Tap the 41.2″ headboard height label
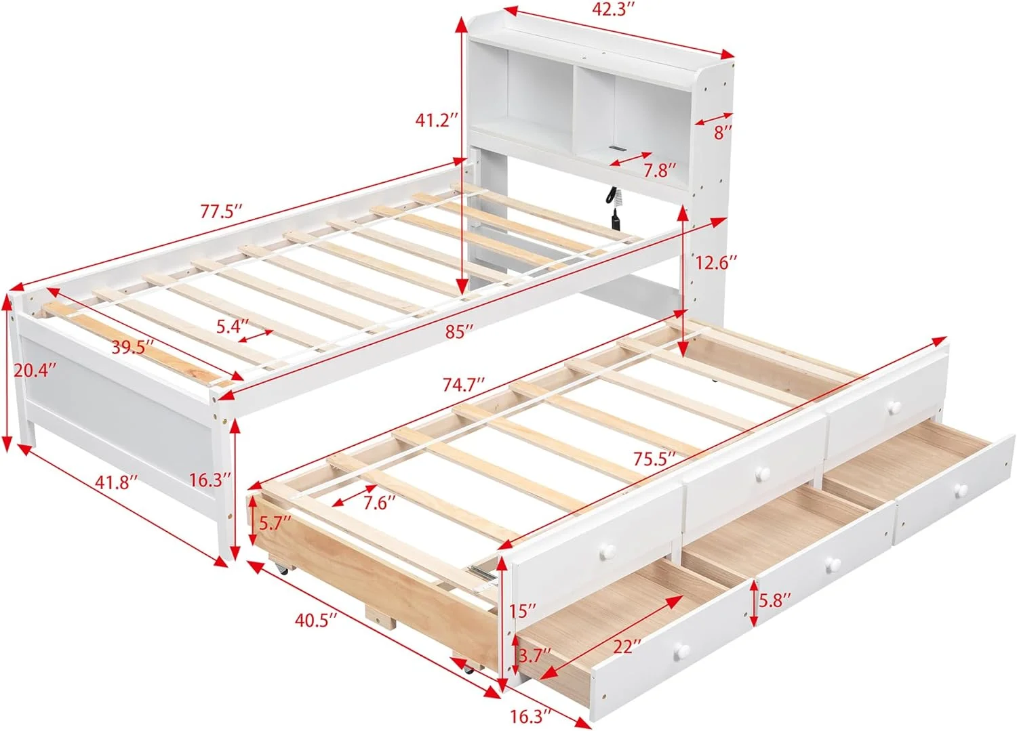click(437, 121)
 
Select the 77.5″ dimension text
click(221, 211)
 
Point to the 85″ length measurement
click(458, 331)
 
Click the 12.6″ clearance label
click(715, 262)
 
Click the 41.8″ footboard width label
click(117, 482)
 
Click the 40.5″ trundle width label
click(316, 620)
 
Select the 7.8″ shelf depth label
click(657, 170)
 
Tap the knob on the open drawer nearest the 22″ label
click(682, 652)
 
